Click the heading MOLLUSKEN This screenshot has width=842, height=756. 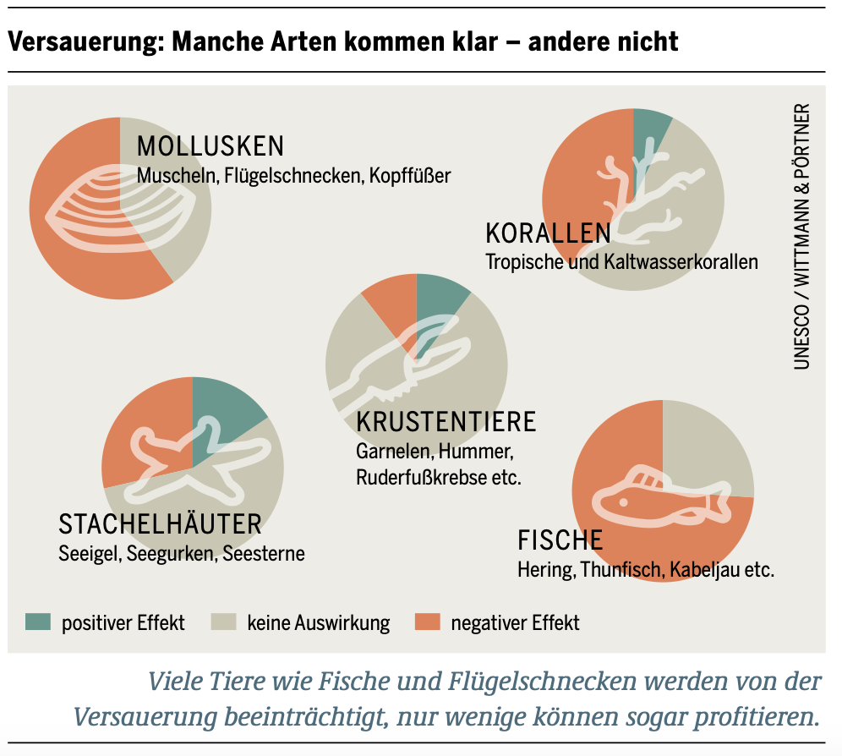pos(210,146)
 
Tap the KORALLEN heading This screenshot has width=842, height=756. pos(548,233)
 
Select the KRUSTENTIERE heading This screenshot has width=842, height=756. pos(446,420)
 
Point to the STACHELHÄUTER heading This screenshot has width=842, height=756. pos(160,524)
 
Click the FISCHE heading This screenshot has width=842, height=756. pos(560,540)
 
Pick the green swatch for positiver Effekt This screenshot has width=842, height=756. pos(38,623)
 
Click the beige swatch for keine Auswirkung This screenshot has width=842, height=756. pos(222,623)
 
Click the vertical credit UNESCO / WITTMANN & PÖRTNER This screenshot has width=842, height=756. pos(801,237)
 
